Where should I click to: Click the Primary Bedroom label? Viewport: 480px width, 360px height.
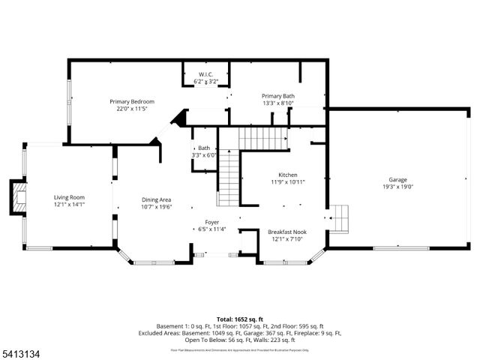click(132, 101)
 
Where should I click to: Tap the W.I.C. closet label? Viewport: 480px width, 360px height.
click(205, 73)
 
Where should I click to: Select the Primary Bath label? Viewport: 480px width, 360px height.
click(277, 96)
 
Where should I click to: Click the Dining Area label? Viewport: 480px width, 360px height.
click(157, 199)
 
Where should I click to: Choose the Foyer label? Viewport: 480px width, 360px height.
click(212, 223)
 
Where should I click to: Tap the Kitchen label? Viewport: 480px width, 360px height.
click(288, 174)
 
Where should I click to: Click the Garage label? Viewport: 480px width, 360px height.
click(398, 181)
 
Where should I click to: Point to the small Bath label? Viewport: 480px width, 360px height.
click(204, 148)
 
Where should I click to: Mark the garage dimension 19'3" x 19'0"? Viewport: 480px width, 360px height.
click(398, 188)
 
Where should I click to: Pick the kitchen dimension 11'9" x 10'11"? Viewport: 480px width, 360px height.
click(288, 181)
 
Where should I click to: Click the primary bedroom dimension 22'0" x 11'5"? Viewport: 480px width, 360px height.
click(132, 109)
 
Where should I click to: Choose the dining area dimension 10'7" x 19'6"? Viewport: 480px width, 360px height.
click(157, 207)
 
